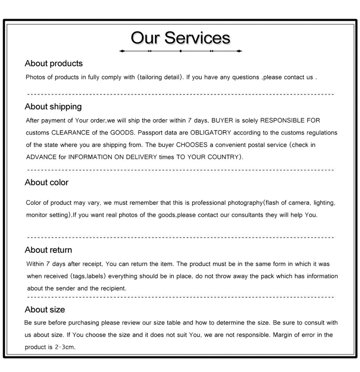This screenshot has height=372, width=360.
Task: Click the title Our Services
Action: pos(180,38)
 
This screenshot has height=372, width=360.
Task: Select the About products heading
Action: pos(54,63)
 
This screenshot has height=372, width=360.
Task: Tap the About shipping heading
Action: pos(53,107)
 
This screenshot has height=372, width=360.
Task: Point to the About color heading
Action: pos(46,182)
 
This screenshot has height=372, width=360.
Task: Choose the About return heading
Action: pos(48,250)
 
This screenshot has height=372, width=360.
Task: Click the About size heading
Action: pos(45,310)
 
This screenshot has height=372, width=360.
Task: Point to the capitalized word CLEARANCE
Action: pos(70,133)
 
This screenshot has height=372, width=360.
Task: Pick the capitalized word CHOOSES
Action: pos(192,145)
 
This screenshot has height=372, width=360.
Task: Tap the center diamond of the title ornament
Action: pos(180,51)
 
